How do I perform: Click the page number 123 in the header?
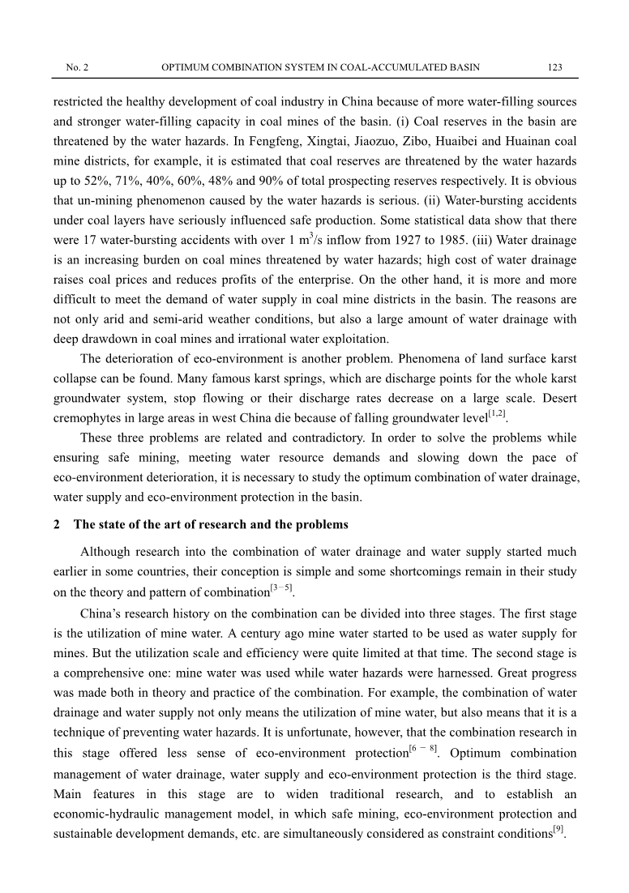[555, 66]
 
